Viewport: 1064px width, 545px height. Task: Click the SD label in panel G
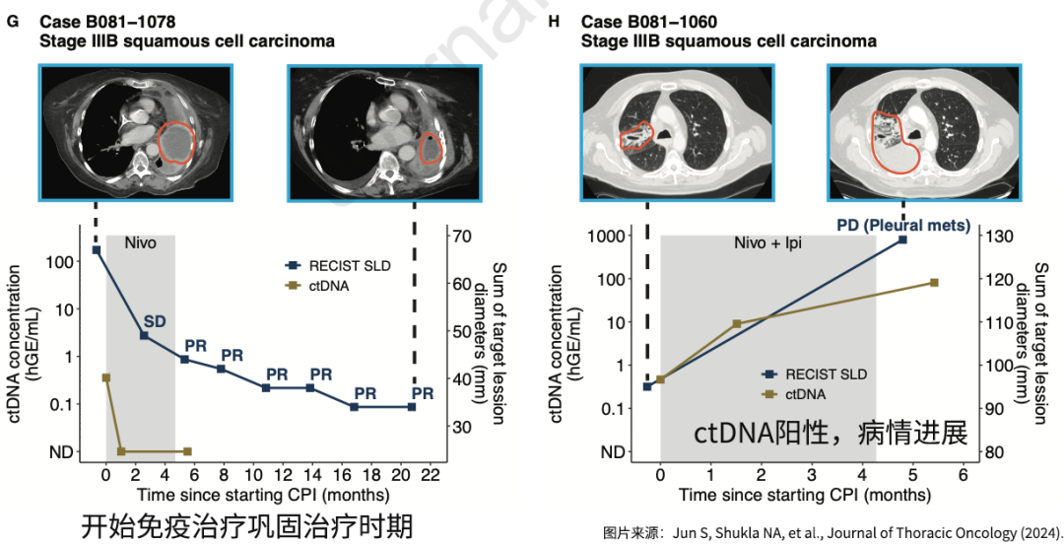(155, 320)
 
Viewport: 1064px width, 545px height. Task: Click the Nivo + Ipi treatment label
(768, 241)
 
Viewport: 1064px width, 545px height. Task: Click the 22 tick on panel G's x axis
(431, 474)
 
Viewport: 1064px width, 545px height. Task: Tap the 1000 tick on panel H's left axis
(616, 237)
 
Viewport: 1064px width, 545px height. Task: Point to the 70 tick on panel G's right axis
(461, 237)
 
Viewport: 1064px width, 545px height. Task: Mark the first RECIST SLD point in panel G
(96, 250)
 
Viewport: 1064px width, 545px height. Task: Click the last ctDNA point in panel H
(933, 283)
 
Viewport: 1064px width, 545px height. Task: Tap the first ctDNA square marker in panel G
(106, 377)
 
